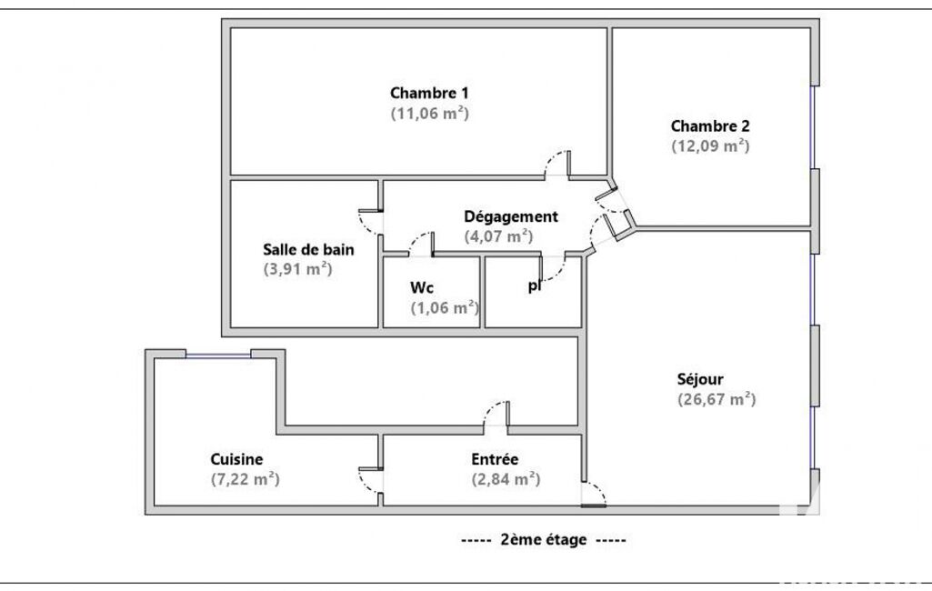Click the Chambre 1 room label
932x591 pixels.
[429, 93]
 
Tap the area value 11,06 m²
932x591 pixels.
[429, 114]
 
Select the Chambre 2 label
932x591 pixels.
[710, 125]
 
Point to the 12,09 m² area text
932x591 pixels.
[710, 145]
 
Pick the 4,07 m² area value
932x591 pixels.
[498, 236]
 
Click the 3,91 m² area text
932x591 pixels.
[296, 269]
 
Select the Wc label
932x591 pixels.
[421, 287]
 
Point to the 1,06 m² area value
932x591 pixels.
[445, 307]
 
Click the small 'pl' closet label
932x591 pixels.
[534, 286]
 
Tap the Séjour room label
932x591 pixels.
[700, 378]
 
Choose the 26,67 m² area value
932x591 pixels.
[717, 399]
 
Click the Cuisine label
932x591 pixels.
[236, 459]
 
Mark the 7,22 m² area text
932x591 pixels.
[245, 479]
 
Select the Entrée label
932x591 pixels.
[495, 459]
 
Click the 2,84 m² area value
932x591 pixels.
[506, 479]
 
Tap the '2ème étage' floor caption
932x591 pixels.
[543, 539]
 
